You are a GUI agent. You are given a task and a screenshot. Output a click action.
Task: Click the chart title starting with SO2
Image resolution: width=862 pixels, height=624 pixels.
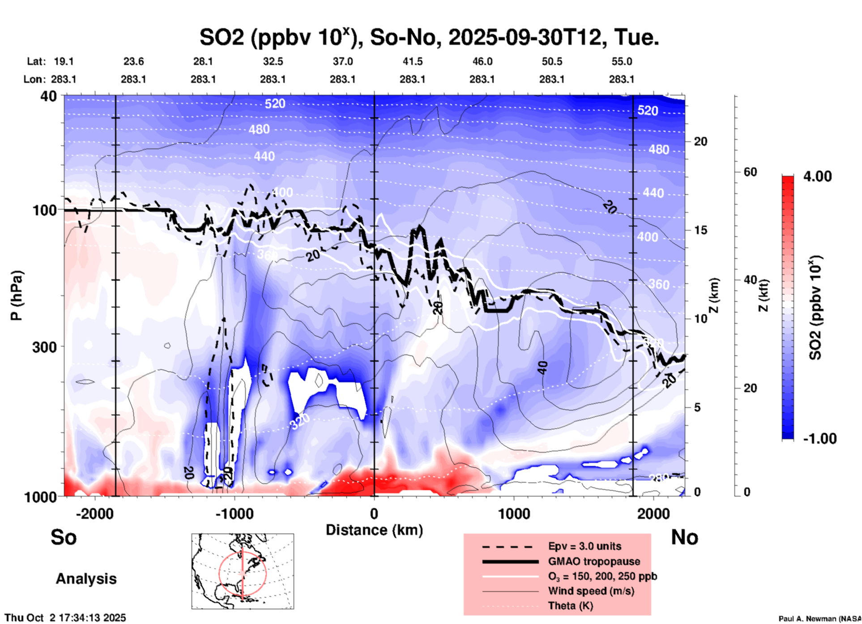tap(429, 38)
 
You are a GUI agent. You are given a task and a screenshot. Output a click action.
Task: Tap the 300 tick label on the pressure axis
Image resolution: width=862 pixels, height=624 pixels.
tap(44, 347)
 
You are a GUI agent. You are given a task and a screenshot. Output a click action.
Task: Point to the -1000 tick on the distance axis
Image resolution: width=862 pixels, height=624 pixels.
tap(234, 513)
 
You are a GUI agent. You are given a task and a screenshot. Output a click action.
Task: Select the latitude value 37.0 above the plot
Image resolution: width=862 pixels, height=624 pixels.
tap(342, 61)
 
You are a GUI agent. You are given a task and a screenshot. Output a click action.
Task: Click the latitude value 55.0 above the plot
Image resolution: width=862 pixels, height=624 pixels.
tap(621, 61)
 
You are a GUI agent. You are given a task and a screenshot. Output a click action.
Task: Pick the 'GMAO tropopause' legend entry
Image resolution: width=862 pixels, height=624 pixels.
tap(594, 561)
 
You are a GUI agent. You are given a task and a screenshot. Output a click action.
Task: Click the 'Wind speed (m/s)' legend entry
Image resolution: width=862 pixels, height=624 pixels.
tap(591, 591)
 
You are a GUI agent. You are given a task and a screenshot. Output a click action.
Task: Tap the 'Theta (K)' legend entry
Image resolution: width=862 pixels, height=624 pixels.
tap(570, 606)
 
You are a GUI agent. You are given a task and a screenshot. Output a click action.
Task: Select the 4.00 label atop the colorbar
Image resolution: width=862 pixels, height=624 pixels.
tap(817, 176)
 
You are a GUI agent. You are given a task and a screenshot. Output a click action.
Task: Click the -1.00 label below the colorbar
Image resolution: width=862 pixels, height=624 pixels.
tap(819, 438)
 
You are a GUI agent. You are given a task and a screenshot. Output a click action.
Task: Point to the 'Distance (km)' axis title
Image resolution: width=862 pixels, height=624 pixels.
tap(374, 530)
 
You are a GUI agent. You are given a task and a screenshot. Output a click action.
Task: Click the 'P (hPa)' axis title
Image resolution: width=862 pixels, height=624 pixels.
tap(16, 295)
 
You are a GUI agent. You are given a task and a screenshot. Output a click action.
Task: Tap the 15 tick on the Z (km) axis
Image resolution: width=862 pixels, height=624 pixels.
tap(700, 230)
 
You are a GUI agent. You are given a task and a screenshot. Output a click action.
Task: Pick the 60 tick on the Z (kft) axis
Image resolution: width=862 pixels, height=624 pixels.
tap(750, 172)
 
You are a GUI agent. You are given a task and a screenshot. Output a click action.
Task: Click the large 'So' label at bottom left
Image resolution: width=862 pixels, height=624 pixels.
tap(64, 537)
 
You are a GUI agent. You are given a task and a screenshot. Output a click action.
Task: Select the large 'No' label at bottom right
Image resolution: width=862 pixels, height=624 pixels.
tap(684, 537)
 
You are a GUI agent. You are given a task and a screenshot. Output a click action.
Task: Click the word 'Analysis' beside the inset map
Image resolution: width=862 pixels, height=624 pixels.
tap(86, 579)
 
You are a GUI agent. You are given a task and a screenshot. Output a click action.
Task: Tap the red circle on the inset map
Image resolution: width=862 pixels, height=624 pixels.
tap(219, 573)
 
